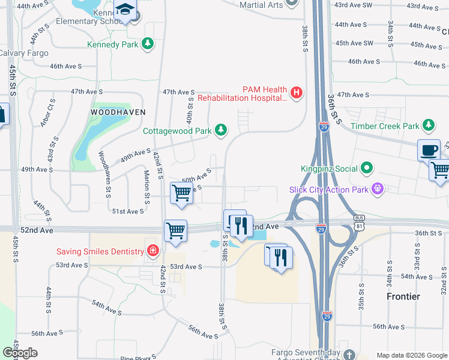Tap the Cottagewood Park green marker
click(221, 130)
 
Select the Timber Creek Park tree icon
click(428, 125)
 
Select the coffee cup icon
click(429, 150)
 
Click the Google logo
click(20, 353)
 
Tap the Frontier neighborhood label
click(403, 296)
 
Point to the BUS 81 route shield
click(360, 224)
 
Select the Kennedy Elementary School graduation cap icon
click(125, 10)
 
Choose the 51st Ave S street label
click(128, 211)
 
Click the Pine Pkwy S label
click(136, 358)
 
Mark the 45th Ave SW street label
click(355, 44)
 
